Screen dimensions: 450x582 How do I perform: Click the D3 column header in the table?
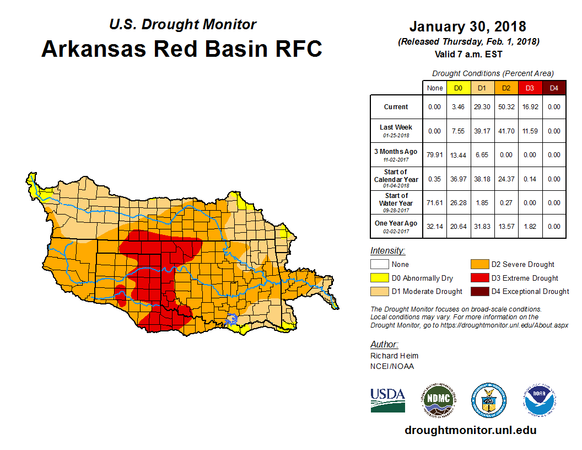(x=530, y=88)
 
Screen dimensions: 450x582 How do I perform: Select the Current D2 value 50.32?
(x=506, y=107)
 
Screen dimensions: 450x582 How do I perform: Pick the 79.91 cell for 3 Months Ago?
(x=435, y=155)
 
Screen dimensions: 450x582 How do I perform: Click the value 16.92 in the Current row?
(x=530, y=107)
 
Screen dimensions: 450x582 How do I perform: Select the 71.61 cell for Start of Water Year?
(x=435, y=203)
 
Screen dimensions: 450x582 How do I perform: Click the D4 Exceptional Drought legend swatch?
(x=479, y=291)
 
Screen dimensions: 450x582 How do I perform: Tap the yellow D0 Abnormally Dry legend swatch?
(x=378, y=278)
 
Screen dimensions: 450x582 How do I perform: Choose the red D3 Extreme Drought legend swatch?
(x=479, y=278)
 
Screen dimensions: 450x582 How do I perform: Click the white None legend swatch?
(x=378, y=265)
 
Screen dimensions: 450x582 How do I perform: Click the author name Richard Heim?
(x=394, y=356)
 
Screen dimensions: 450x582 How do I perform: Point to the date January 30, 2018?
(x=467, y=26)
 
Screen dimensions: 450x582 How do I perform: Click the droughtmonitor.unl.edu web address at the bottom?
(x=470, y=430)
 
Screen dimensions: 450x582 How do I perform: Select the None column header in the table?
(x=435, y=88)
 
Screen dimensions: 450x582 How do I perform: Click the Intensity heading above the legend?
(x=387, y=251)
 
